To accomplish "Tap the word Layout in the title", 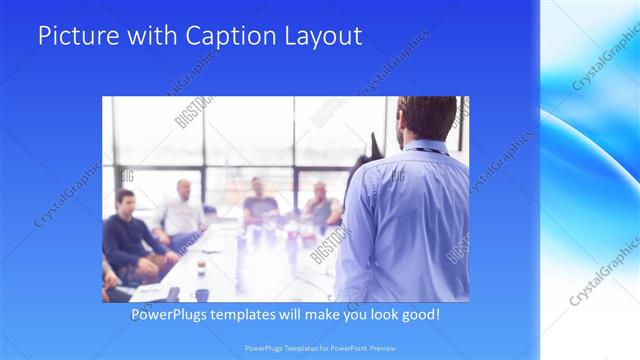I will (x=323, y=36).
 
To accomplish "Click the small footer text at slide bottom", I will (x=320, y=348).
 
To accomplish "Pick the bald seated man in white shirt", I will (x=183, y=212).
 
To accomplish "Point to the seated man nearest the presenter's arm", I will (x=322, y=206).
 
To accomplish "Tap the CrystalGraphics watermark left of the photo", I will (x=67, y=195).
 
